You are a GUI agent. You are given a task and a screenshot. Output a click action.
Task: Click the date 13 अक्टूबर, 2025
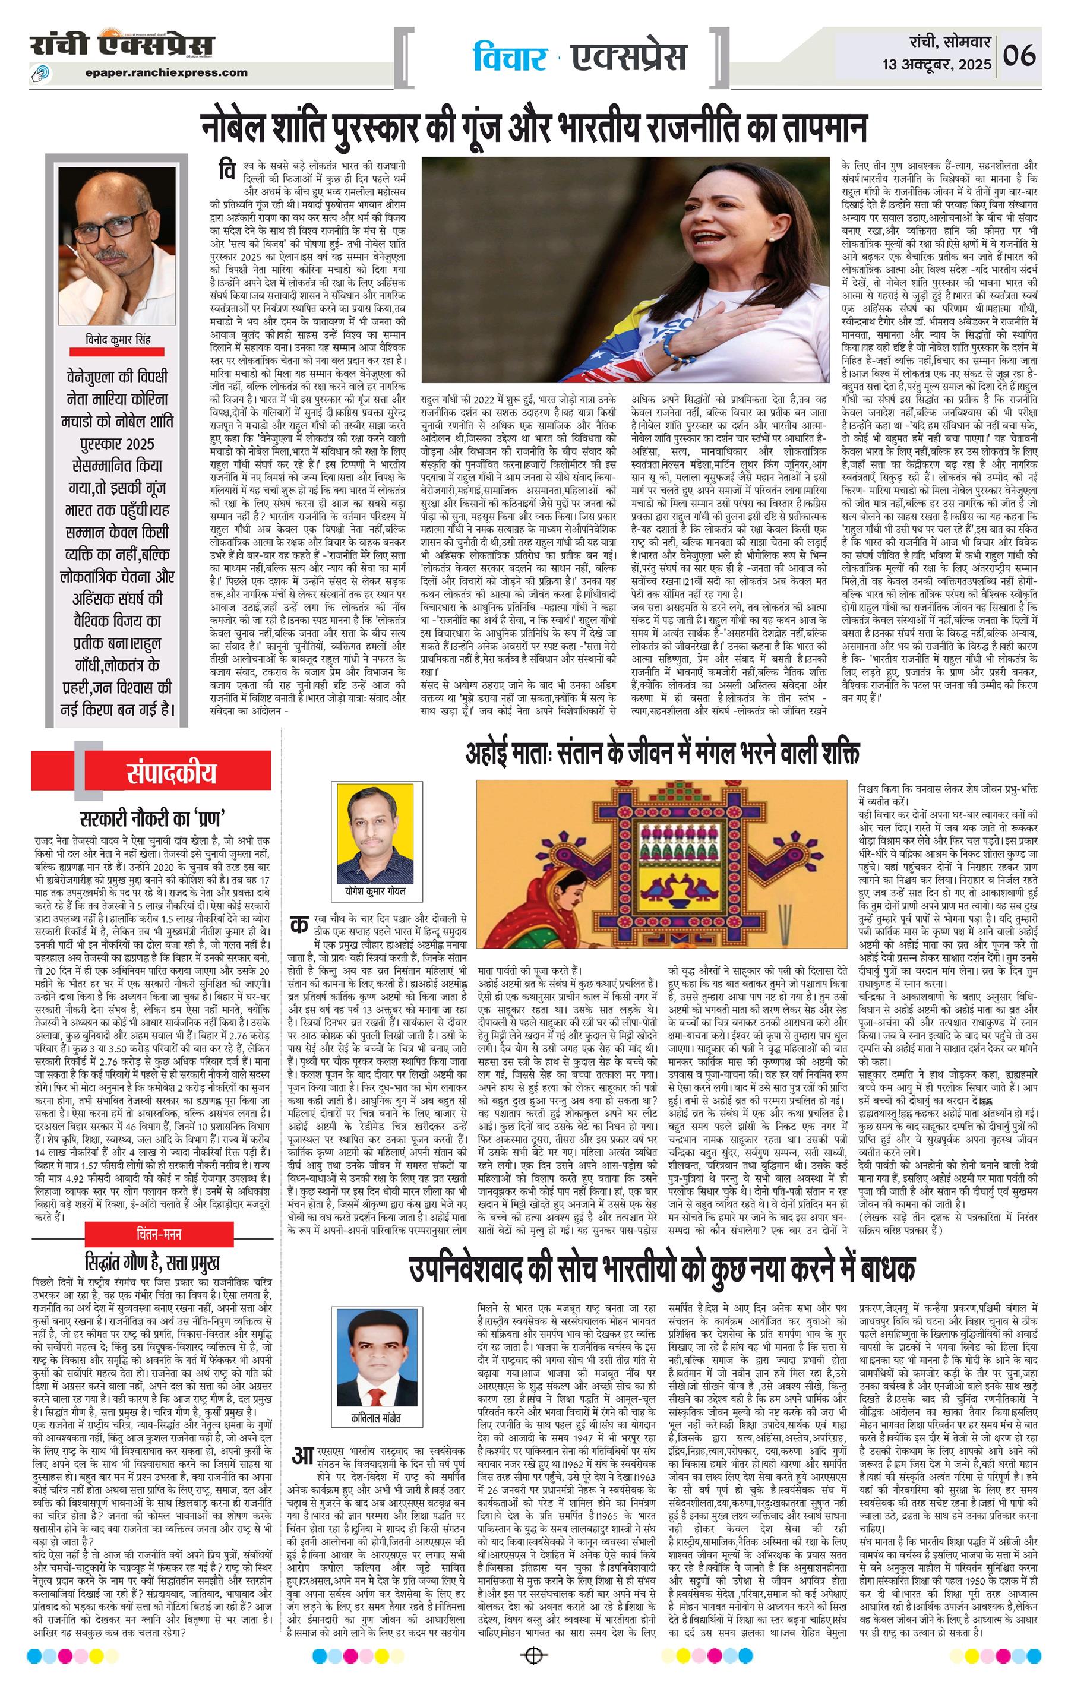tap(937, 65)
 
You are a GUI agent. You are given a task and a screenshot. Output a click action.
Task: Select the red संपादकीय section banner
tap(171, 773)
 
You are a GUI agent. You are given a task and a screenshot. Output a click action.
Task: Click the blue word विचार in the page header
tap(508, 59)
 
